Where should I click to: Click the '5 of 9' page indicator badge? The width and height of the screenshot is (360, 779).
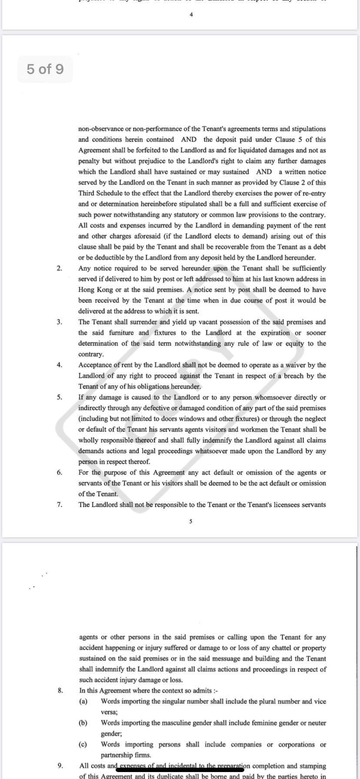pos(45,69)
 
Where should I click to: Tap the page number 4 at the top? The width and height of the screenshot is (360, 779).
pos(191,15)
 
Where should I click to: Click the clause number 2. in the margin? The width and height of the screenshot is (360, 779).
pos(59,268)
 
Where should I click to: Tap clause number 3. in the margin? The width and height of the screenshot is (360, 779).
pos(59,322)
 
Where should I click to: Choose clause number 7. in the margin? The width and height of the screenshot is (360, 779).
pos(59,505)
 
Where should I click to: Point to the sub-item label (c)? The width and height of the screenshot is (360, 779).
pos(83,744)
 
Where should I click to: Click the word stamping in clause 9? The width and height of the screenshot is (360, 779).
pos(312,766)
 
